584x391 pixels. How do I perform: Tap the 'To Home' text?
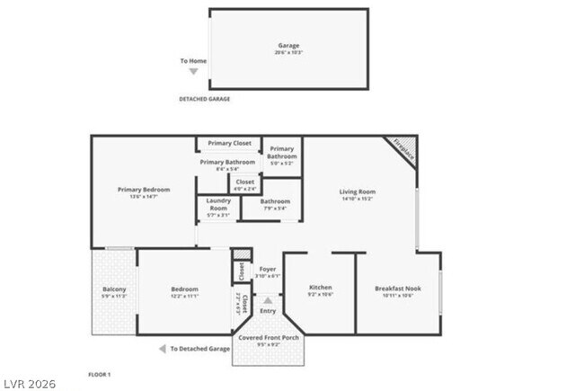[x=193, y=61]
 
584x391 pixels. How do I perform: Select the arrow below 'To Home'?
[x=192, y=71]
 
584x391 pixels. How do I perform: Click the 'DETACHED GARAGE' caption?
[x=204, y=99]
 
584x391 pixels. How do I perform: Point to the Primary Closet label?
[x=229, y=144]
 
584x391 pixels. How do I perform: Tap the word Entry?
[x=268, y=311]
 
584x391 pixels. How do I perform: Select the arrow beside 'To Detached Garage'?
[x=163, y=349]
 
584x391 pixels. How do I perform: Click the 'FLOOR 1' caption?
[x=99, y=374]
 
